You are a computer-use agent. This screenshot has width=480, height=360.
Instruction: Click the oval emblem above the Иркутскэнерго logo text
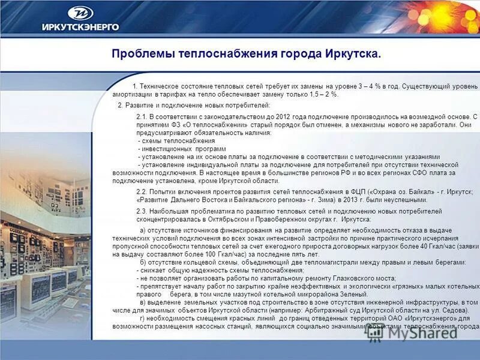click(x=80, y=13)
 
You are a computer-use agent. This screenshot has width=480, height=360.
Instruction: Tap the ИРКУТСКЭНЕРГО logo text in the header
click(x=80, y=26)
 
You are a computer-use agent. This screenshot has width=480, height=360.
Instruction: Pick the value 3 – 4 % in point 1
click(x=370, y=86)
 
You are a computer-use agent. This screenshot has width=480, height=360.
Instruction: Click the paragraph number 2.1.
click(x=142, y=116)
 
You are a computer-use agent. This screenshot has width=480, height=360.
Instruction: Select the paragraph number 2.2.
click(x=142, y=191)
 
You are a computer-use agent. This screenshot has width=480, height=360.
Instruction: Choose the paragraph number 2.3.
click(x=142, y=211)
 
